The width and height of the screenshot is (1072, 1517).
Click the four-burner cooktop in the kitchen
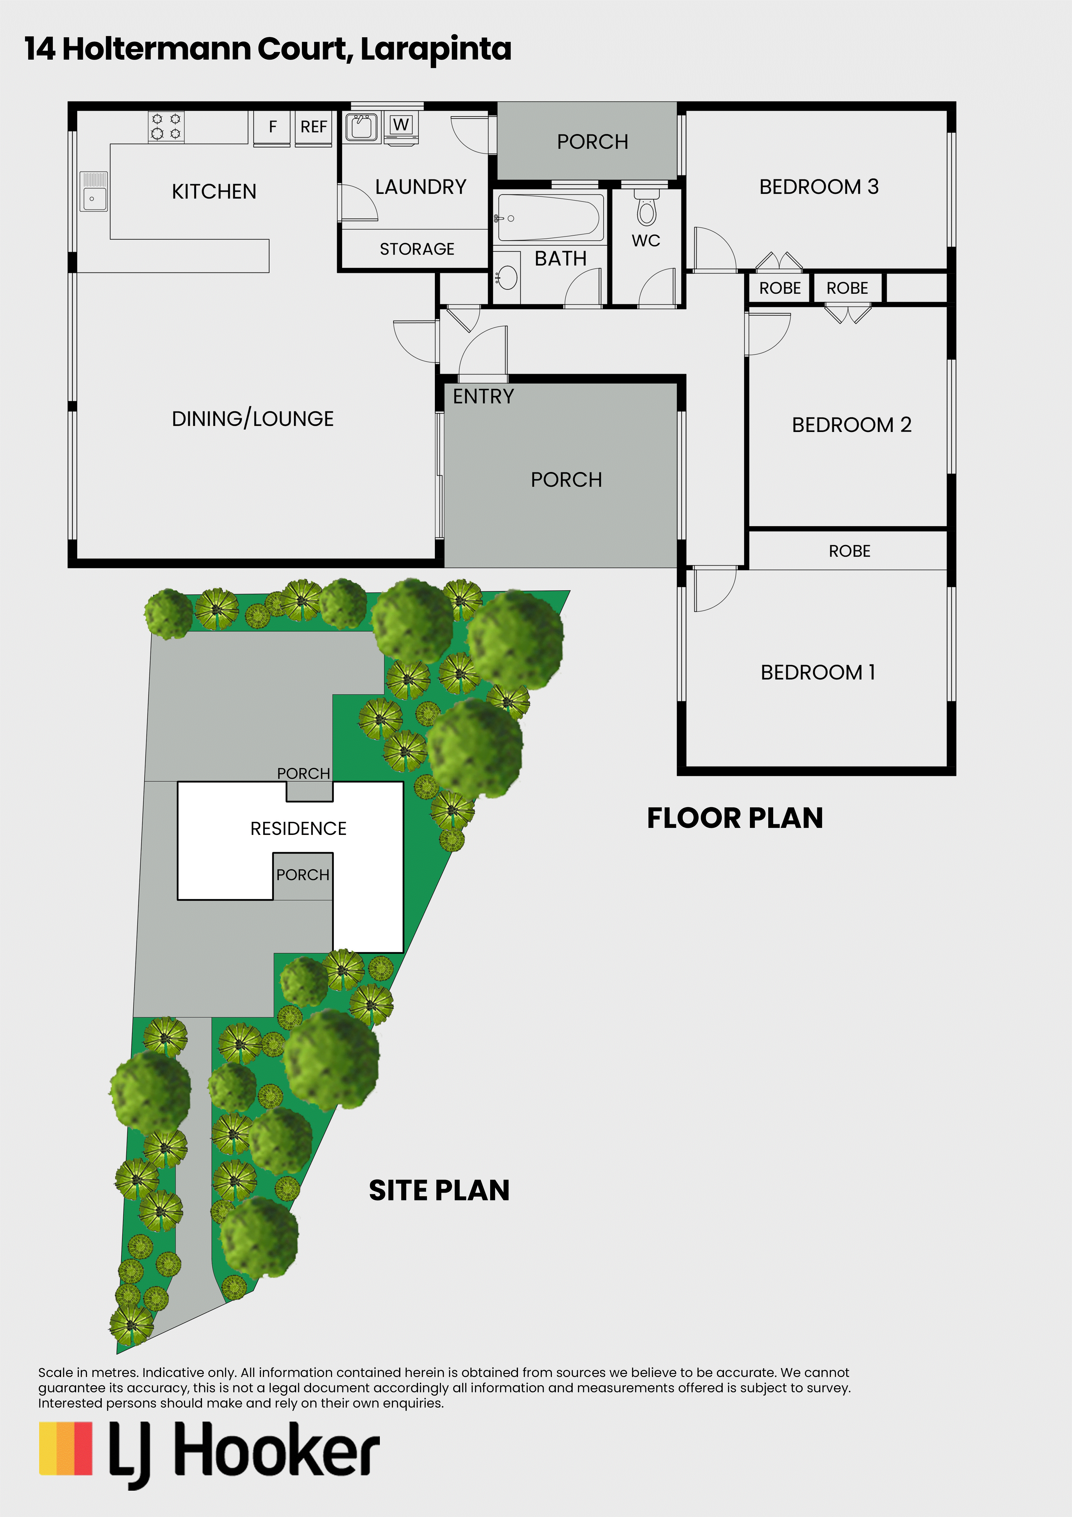[x=166, y=126]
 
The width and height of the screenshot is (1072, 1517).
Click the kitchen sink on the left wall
[x=93, y=192]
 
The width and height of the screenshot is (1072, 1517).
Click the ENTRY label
[x=483, y=397]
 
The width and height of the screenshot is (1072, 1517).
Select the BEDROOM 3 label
[x=819, y=187]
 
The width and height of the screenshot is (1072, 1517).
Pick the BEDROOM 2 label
[x=851, y=425]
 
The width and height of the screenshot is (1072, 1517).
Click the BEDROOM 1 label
[x=818, y=673]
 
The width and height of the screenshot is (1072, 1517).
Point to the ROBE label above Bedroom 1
[x=850, y=551]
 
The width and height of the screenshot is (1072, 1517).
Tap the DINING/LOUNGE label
[x=253, y=419]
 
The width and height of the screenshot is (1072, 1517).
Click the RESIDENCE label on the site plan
[x=299, y=829]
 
